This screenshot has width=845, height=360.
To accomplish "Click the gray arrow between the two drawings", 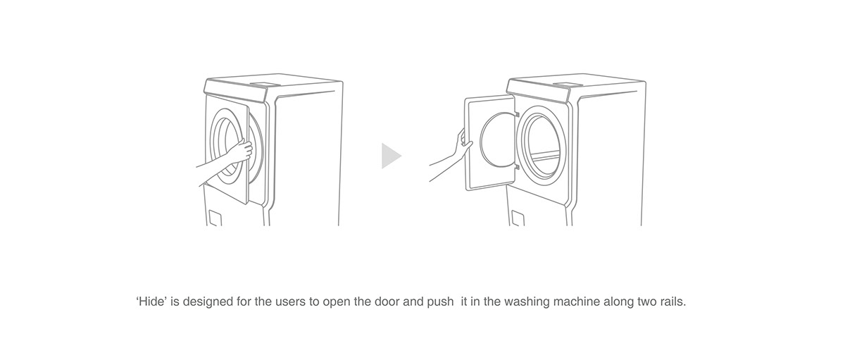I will [x=390, y=156].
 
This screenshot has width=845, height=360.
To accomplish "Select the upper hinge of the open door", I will [x=516, y=113].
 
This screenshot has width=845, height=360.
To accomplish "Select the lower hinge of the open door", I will [x=516, y=168].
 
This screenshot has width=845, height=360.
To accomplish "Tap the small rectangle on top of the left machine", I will [x=261, y=83].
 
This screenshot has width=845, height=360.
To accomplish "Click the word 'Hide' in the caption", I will [x=148, y=302].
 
